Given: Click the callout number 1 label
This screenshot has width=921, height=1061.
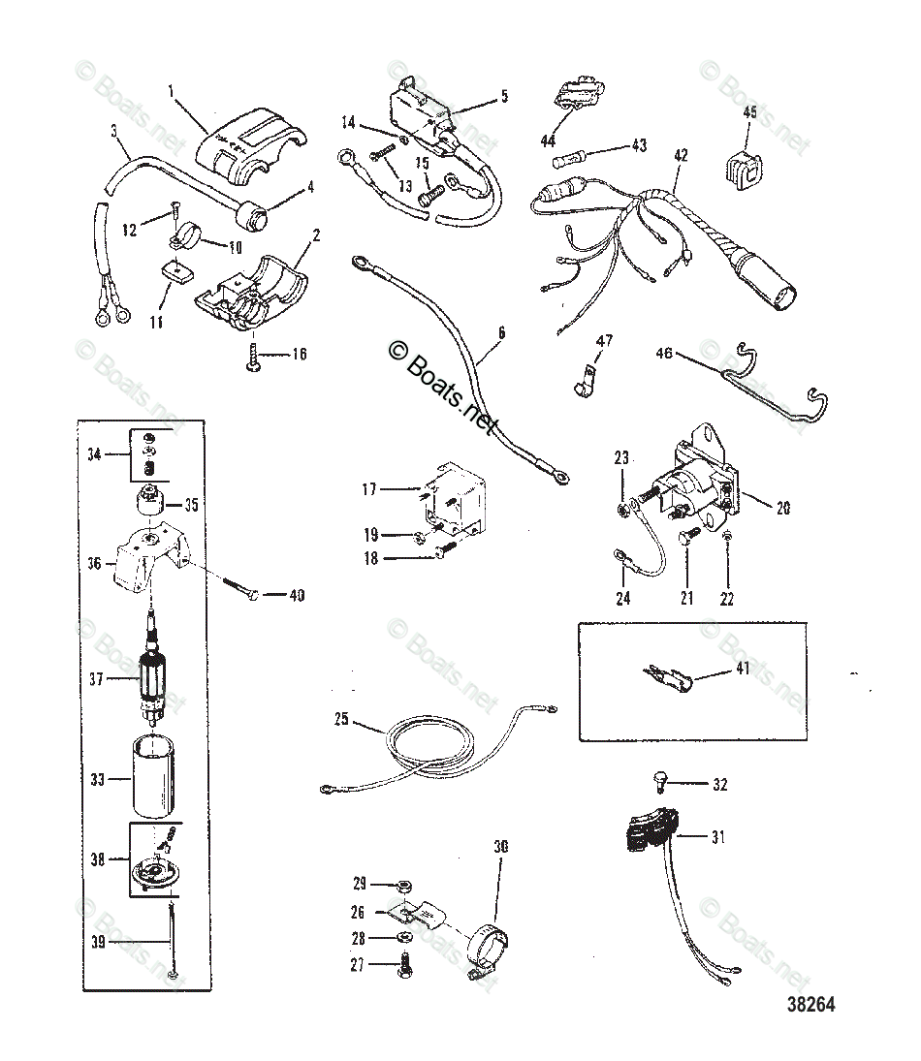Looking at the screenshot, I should pos(172,93).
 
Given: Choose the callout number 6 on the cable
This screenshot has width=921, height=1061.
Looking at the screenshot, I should pos(501,332).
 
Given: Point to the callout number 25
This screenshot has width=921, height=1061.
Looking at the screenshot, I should pos(340,720).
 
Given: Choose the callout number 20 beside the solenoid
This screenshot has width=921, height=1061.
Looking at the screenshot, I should pos(782,507).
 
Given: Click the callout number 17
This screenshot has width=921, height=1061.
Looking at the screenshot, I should pos(369,489).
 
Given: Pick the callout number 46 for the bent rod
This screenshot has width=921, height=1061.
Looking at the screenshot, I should pos(663,355).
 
